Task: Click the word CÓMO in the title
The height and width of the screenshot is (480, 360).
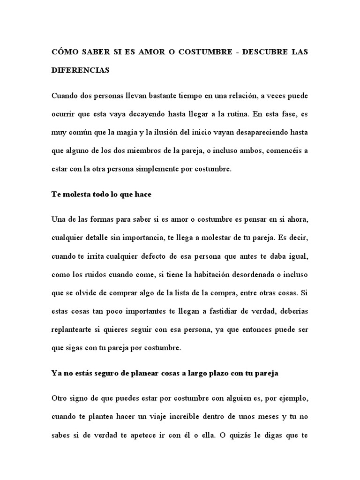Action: (x=65, y=52)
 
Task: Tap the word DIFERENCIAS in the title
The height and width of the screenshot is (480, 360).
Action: (x=80, y=70)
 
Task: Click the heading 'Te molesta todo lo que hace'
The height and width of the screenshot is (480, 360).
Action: (x=101, y=194)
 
